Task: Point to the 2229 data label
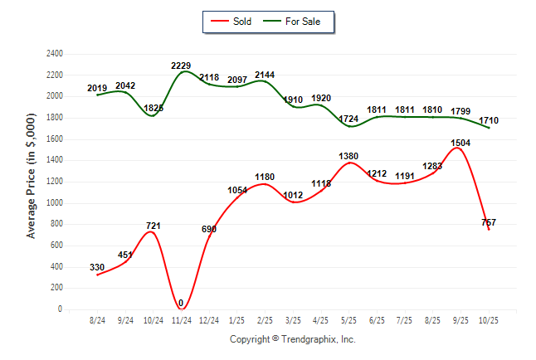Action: [x=182, y=66]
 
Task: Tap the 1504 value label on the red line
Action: [x=460, y=143]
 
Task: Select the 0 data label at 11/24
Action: [x=180, y=303]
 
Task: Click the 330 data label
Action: [x=97, y=267]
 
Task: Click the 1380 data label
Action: [x=348, y=156]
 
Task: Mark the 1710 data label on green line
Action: [x=489, y=121]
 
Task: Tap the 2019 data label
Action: [x=97, y=88]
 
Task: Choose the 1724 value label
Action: [x=348, y=119]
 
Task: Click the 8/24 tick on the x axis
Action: [x=97, y=320]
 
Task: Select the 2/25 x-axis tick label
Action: [x=265, y=320]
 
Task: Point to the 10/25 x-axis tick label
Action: [x=489, y=320]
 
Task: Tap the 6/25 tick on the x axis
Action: [x=377, y=320]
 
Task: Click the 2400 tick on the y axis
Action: [x=54, y=53]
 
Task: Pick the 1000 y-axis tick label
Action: [x=54, y=202]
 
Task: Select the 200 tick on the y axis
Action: [x=57, y=288]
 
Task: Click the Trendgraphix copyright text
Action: [x=292, y=339]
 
